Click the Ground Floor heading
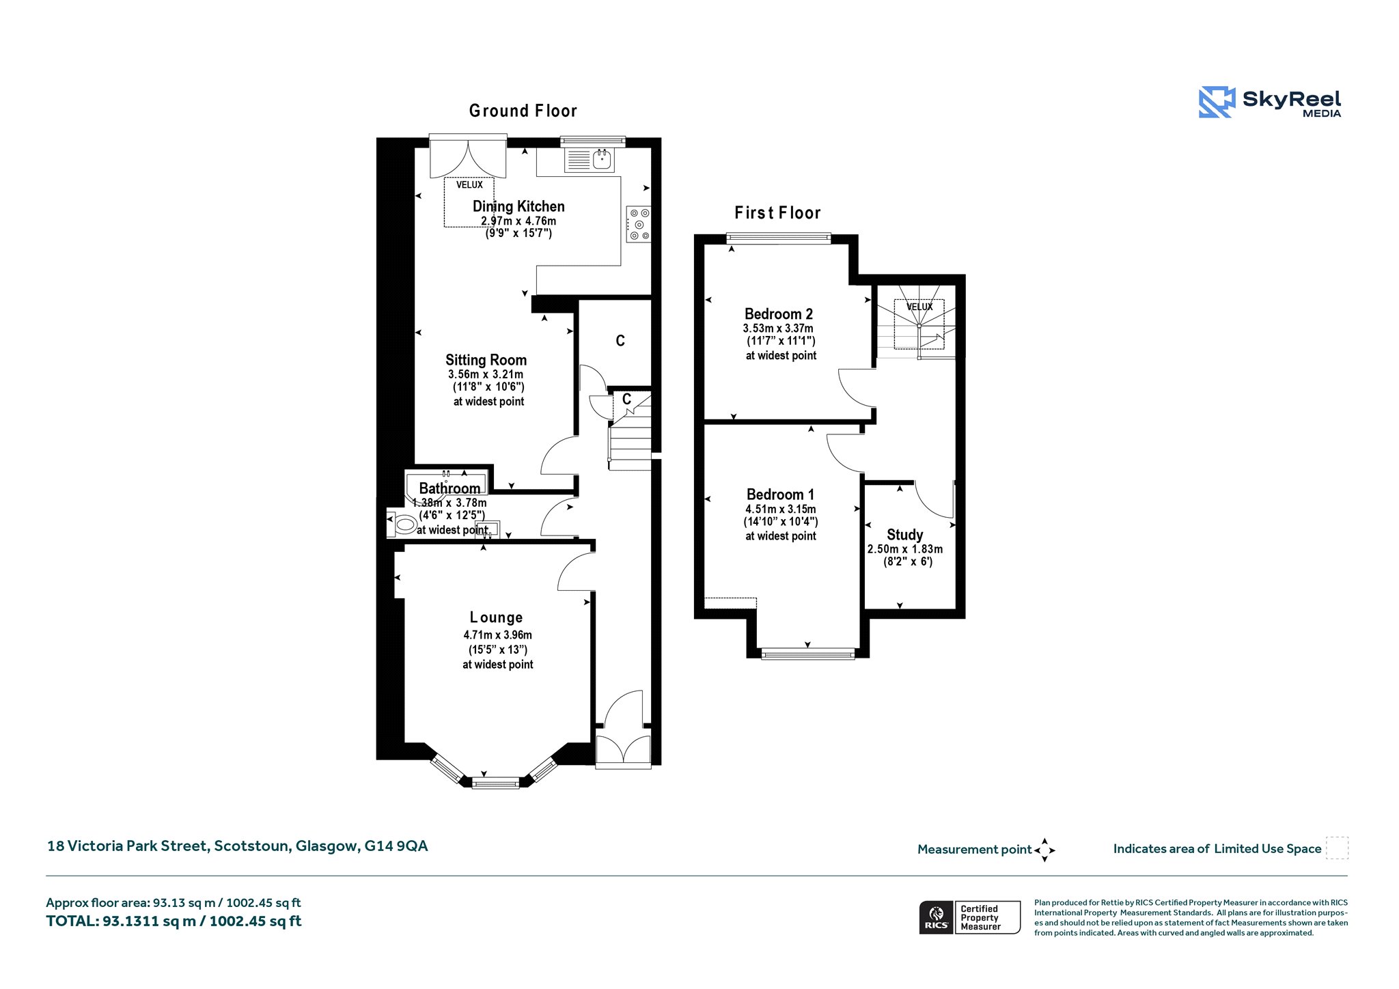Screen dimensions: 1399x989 (523, 111)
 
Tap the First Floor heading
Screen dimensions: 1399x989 (777, 213)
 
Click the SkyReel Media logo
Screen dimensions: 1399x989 (1270, 102)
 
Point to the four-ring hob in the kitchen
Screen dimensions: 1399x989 (639, 224)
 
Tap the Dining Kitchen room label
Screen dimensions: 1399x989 (518, 206)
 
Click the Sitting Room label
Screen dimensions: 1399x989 (486, 360)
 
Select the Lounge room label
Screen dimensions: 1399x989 (497, 617)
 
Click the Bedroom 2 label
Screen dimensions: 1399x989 (779, 314)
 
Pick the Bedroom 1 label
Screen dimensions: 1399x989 (780, 494)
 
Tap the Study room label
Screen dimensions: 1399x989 (905, 535)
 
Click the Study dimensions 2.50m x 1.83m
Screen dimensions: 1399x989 (905, 549)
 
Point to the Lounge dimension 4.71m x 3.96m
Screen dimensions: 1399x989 (497, 635)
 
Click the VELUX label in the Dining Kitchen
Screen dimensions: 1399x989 (469, 185)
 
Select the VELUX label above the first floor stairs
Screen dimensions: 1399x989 (919, 307)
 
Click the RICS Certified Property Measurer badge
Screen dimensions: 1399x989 (970, 917)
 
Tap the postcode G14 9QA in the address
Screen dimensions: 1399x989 (396, 846)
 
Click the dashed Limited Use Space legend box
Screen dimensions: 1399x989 (1337, 848)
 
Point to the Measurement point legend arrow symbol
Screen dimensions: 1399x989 (1044, 850)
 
